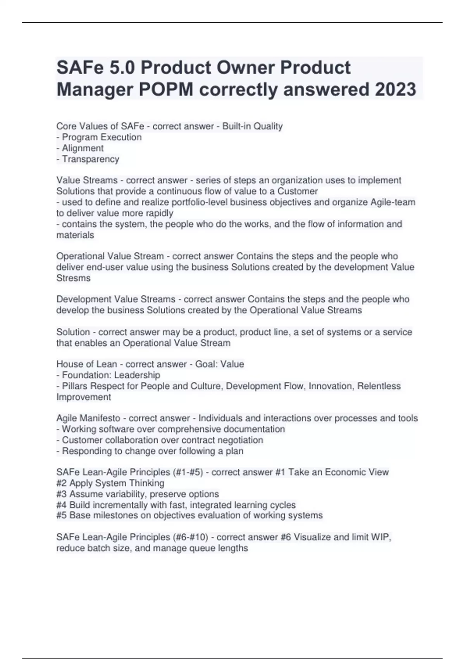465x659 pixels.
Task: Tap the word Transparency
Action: [90, 159]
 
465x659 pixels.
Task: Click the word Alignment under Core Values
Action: [83, 148]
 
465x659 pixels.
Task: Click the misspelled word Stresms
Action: [73, 278]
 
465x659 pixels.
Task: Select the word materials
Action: [75, 235]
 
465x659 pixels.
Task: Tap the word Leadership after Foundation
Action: [137, 375]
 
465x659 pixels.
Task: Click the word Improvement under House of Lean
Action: [84, 397]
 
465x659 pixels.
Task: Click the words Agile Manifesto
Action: [88, 418]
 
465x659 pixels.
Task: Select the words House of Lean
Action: [86, 364]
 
